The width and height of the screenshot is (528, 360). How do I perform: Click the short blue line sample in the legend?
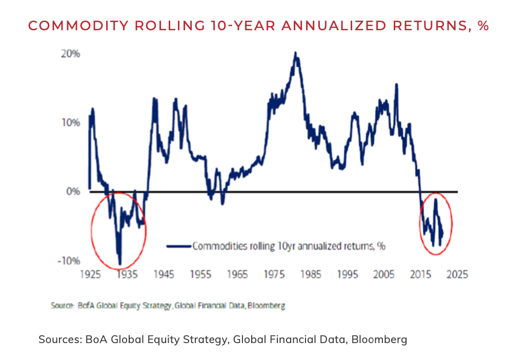[179, 246]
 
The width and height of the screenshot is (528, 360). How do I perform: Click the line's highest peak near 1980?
[295, 52]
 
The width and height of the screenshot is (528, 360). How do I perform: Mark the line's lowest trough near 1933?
[120, 264]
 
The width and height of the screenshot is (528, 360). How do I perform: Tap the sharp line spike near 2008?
[396, 84]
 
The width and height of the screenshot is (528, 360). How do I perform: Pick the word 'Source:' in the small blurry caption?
[62, 306]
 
